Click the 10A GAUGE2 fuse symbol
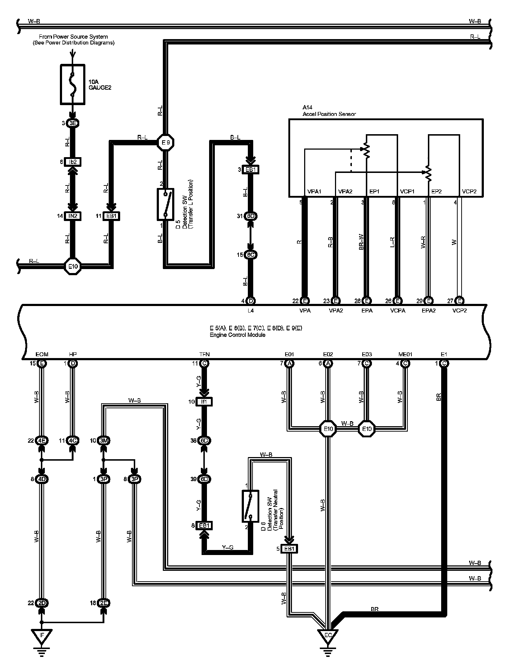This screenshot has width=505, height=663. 73,85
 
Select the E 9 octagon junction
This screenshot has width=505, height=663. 165,143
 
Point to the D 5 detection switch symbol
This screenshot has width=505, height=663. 165,204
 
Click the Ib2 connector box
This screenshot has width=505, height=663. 73,162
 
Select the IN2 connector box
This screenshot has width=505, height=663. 73,216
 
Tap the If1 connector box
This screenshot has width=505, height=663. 204,402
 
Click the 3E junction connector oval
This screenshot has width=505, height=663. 73,123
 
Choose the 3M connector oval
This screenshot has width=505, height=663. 104,441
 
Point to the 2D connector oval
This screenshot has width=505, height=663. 42,603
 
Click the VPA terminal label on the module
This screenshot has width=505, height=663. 305,311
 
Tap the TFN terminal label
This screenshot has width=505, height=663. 204,354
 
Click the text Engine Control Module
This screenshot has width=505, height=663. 237,335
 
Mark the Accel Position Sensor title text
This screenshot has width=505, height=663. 329,114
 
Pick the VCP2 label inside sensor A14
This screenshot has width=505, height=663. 469,192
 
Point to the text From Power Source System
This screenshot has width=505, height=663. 73,37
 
